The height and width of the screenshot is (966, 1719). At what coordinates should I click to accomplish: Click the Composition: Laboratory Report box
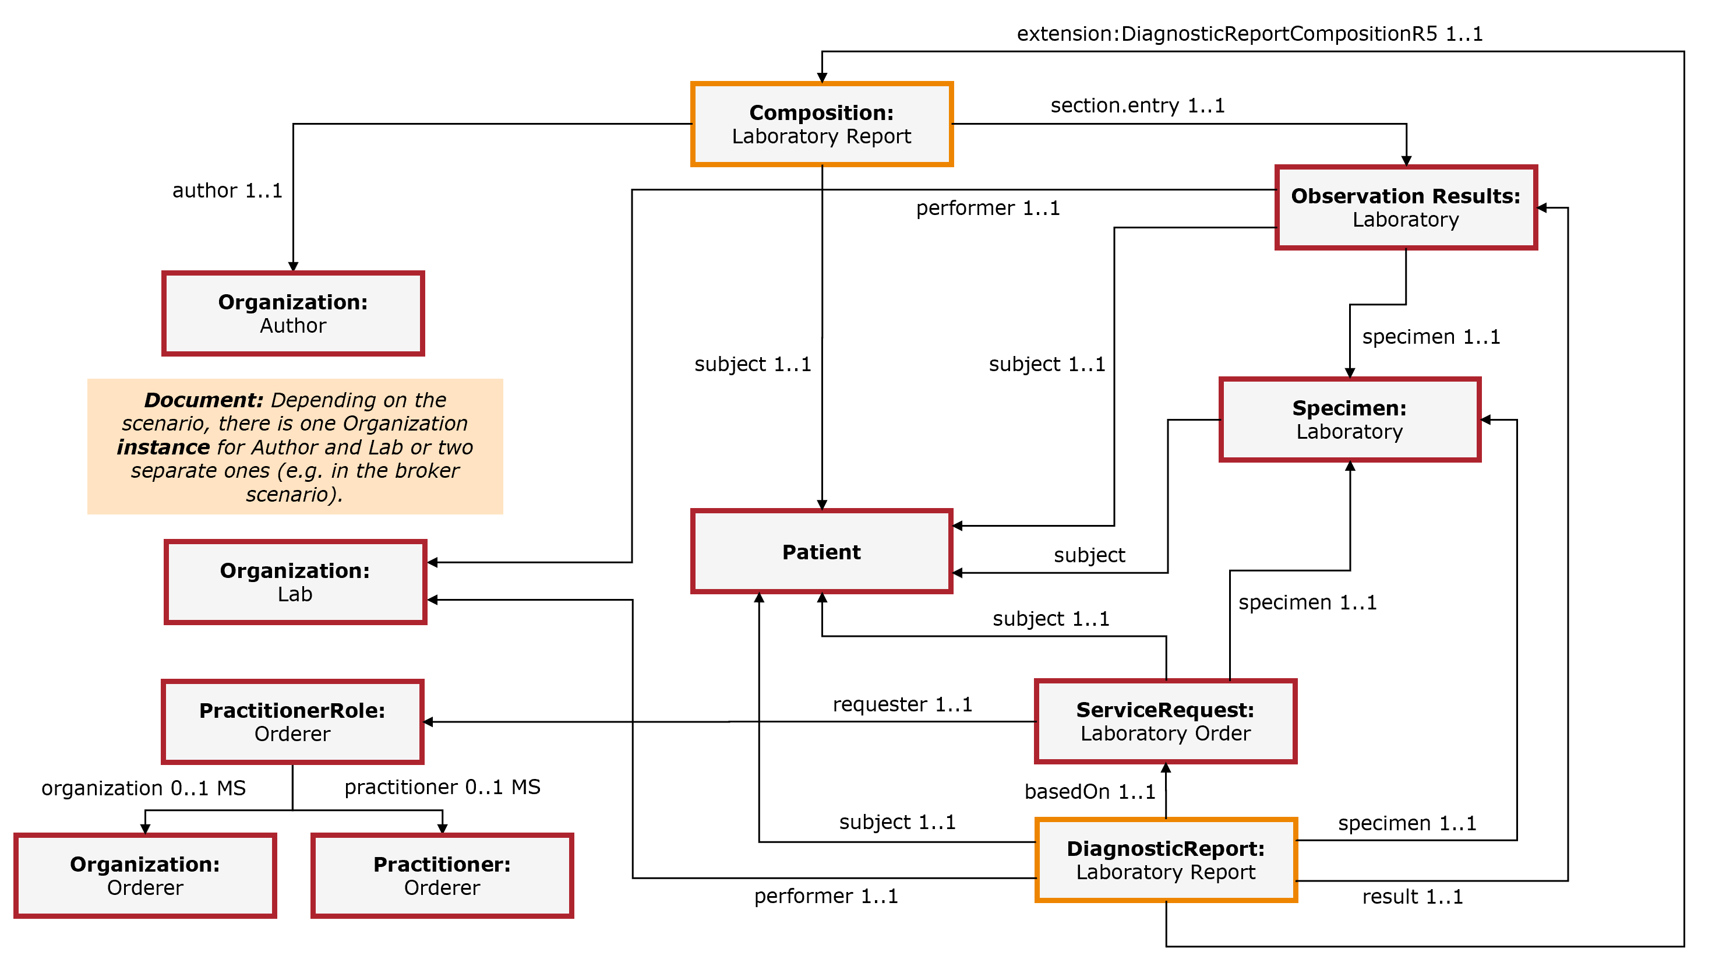[x=821, y=124]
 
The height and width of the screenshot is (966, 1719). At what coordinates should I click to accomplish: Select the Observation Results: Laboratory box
[x=1406, y=207]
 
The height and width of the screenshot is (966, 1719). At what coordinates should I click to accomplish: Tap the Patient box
[x=821, y=551]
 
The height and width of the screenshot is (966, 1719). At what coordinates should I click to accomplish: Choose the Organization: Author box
[x=293, y=313]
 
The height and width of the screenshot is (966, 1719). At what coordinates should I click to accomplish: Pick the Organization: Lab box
[x=295, y=582]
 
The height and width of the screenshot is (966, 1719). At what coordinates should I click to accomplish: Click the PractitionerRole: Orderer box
[x=292, y=722]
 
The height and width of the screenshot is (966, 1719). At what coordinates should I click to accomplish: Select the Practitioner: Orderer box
[x=442, y=875]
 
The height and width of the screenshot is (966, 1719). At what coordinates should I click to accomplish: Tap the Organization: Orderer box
[x=145, y=875]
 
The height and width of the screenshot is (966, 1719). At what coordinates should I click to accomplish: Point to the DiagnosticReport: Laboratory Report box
[x=1165, y=860]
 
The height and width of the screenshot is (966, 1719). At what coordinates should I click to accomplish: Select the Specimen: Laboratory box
[x=1349, y=419]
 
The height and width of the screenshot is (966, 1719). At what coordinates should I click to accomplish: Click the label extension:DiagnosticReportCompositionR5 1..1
[x=1249, y=33]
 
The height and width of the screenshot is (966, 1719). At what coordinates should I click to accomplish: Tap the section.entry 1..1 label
[x=1137, y=105]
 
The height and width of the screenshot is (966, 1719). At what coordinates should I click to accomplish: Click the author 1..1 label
[x=227, y=191]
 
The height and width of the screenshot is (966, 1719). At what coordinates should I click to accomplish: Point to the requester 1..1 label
[x=902, y=704]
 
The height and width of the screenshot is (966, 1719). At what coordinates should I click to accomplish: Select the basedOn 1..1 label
[x=1089, y=791]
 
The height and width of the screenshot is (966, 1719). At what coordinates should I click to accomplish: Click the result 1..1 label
[x=1412, y=896]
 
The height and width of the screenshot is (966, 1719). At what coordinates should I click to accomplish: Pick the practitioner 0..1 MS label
[x=442, y=787]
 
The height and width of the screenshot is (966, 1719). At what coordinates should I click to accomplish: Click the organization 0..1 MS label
[x=143, y=788]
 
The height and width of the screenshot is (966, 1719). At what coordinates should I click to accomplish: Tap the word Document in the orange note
[x=203, y=400]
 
